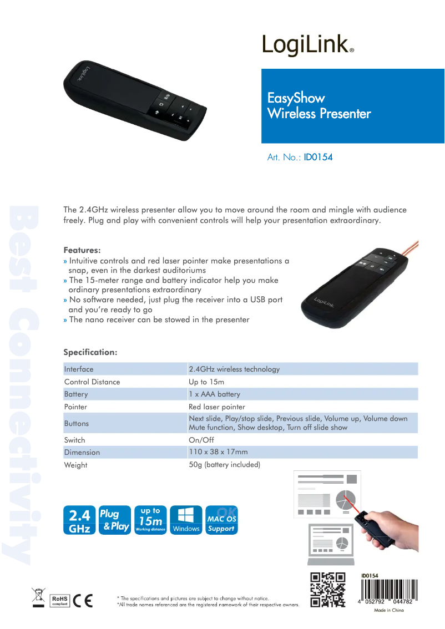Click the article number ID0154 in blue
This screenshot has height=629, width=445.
click(318, 157)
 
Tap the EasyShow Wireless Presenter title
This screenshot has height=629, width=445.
click(319, 106)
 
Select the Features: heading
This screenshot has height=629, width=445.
click(82, 250)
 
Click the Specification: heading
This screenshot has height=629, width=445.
click(90, 352)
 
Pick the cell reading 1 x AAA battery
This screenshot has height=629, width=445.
click(215, 394)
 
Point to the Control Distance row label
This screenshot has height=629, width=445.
click(92, 382)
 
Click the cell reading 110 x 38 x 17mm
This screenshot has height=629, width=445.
click(218, 452)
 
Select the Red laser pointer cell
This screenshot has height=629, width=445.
click(217, 407)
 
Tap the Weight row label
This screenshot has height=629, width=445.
click(76, 465)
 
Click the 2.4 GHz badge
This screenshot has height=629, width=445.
click(79, 521)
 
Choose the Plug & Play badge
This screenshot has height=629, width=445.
click(115, 521)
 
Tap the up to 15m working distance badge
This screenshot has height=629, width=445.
click(150, 521)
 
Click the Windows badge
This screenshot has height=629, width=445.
click(186, 521)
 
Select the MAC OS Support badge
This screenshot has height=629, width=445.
click(221, 521)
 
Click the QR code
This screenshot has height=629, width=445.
click(327, 590)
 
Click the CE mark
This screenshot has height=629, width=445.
click(83, 601)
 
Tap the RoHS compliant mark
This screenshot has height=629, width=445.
click(59, 601)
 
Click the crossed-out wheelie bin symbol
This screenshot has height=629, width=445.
click(38, 597)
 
